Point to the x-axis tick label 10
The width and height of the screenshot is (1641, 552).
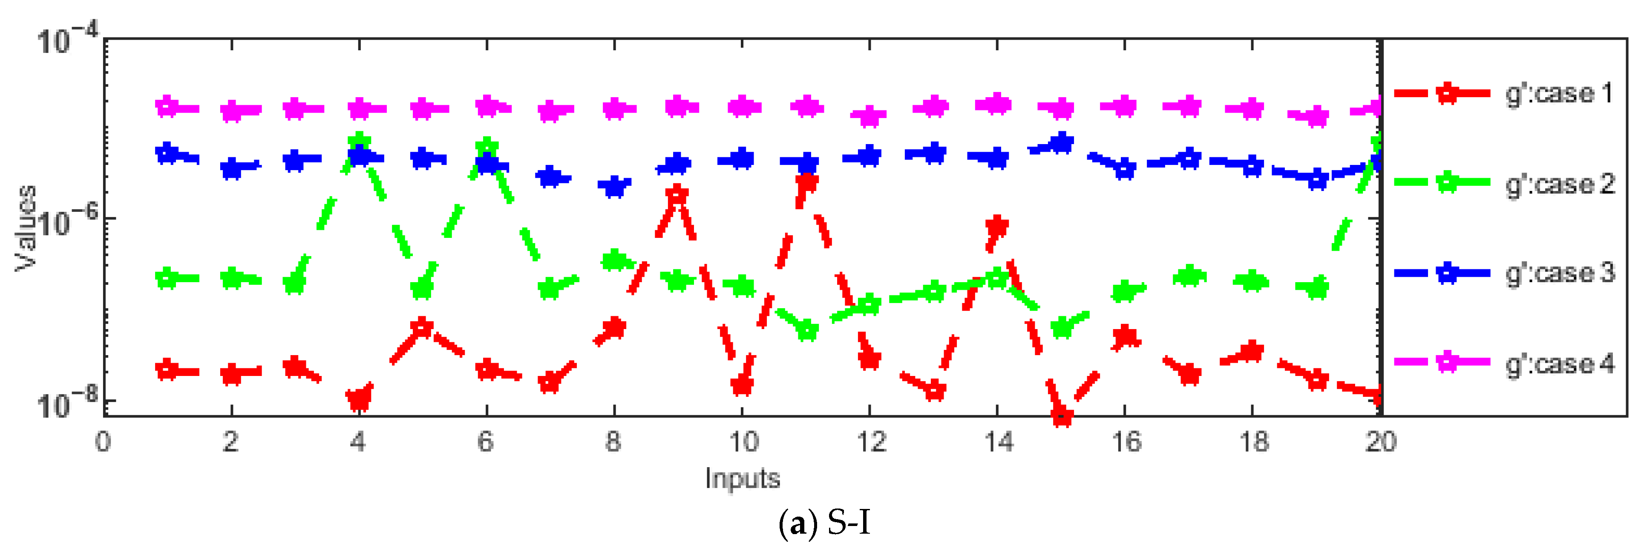[743, 442]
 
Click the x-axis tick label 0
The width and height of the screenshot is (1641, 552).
[103, 442]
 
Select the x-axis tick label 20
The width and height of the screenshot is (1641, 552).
[1380, 442]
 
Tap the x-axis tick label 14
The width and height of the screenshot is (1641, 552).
[998, 442]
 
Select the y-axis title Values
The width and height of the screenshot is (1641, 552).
[26, 228]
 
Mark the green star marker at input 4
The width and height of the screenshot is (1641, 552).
[359, 142]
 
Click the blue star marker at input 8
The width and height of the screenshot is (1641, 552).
[614, 186]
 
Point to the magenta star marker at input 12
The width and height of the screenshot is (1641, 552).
[869, 116]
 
